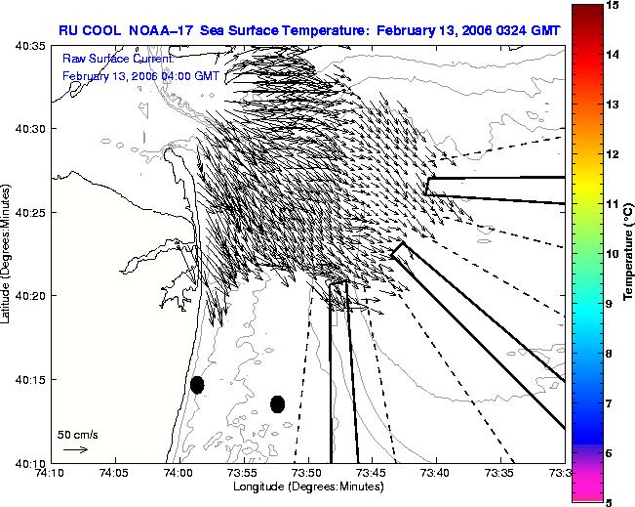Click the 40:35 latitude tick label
click(x=30, y=46)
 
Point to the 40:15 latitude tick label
click(x=30, y=379)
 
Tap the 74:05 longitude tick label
click(x=116, y=473)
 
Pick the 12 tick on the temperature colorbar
click(x=613, y=154)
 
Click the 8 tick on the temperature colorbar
click(x=609, y=354)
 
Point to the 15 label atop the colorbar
click(x=613, y=5)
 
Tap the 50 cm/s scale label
click(x=78, y=435)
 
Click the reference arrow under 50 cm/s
click(x=76, y=449)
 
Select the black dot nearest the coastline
click(x=197, y=385)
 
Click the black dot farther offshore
click(x=277, y=404)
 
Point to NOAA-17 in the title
click(x=161, y=30)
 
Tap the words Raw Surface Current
click(x=118, y=59)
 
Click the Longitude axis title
click(x=308, y=486)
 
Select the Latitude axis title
click(x=5, y=254)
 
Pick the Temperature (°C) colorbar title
click(x=628, y=252)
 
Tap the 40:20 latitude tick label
click(x=30, y=296)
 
